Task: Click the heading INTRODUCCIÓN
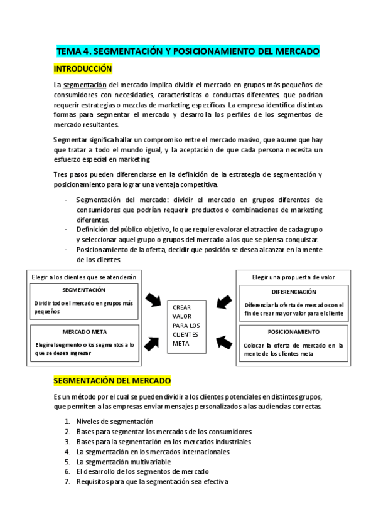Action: click(x=82, y=68)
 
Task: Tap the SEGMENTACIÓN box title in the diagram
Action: click(x=84, y=290)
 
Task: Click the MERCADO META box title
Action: click(x=84, y=331)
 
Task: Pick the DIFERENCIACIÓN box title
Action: click(x=294, y=292)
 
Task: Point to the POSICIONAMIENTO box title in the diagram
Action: click(x=293, y=331)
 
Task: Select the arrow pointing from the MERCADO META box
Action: click(x=152, y=343)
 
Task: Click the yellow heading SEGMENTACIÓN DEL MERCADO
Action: click(x=112, y=381)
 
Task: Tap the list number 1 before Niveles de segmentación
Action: click(x=67, y=422)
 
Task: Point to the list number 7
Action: click(x=67, y=482)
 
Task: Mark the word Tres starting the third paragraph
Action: click(x=60, y=174)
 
